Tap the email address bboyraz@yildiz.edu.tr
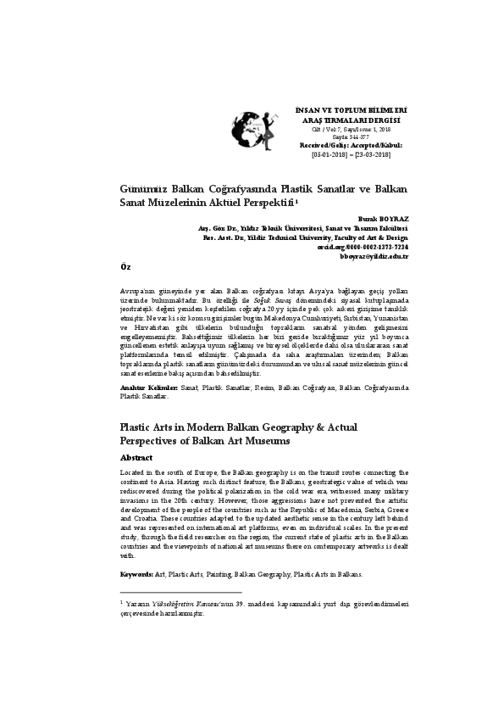point(374,255)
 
